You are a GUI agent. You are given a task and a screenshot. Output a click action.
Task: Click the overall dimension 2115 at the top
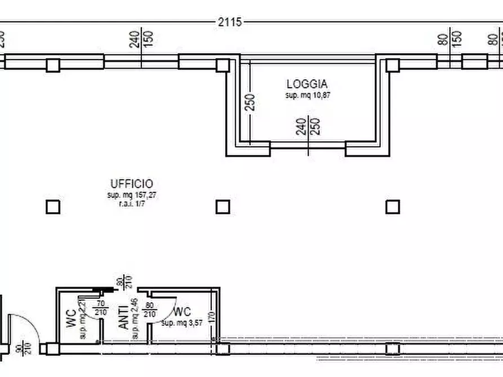click(x=229, y=22)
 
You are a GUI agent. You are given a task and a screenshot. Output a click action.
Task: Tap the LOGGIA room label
click(x=307, y=84)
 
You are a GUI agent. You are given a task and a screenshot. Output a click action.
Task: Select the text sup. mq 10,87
click(x=307, y=96)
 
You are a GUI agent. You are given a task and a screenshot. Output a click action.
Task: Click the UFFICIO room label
click(x=131, y=183)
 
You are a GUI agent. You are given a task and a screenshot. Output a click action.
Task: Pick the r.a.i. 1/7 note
click(x=131, y=204)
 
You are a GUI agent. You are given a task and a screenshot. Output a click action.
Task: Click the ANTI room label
click(x=123, y=317)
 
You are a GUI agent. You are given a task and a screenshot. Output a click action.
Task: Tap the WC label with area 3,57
click(x=182, y=312)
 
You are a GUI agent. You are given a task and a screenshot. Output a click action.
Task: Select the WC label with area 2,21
click(x=70, y=318)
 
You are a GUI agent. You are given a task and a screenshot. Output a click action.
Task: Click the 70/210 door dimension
click(x=100, y=308)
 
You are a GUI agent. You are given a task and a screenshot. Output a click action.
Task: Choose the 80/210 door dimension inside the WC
click(x=149, y=310)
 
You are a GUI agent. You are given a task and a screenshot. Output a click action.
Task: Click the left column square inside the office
click(x=52, y=207)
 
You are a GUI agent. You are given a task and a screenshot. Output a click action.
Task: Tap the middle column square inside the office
click(x=223, y=207)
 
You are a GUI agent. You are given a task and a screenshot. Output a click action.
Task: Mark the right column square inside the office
click(x=393, y=207)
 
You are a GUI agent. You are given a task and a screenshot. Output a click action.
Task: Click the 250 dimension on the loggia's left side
click(x=251, y=101)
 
